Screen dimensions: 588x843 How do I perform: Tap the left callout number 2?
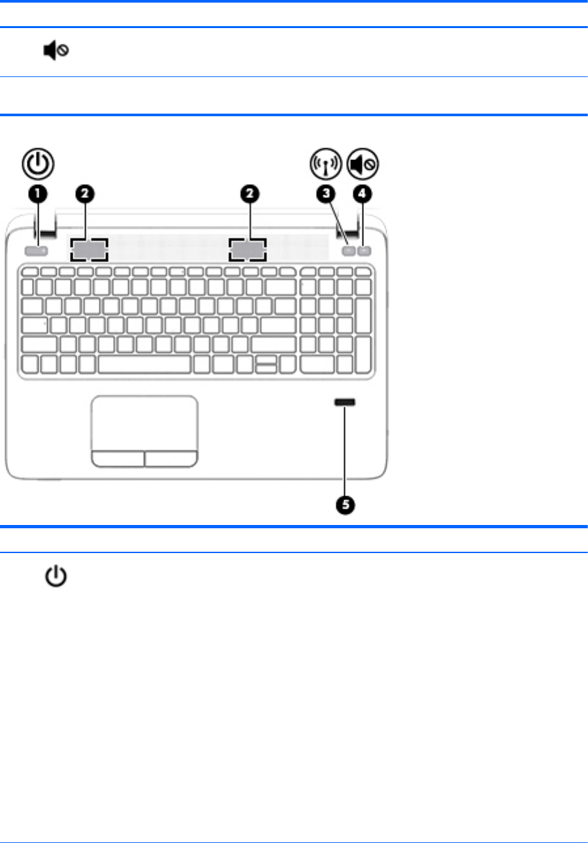[x=88, y=193]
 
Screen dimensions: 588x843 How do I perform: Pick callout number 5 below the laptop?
[x=345, y=504]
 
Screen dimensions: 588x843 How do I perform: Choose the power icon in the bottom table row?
[x=57, y=577]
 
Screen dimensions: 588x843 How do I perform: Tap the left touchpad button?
[x=118, y=458]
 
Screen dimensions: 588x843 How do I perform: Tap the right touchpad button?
[x=171, y=458]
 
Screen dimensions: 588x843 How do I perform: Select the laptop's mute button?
[x=364, y=249]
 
